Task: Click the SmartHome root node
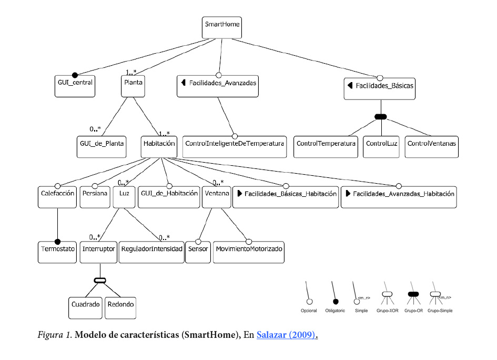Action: pyautogui.click(x=221, y=27)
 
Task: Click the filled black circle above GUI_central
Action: pyautogui.click(x=75, y=75)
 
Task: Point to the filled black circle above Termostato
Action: pyautogui.click(x=57, y=239)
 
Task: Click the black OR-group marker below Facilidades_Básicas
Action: pyautogui.click(x=380, y=116)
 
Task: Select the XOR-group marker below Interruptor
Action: pyautogui.click(x=99, y=280)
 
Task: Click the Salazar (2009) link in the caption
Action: pyautogui.click(x=287, y=335)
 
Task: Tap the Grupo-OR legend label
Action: pyautogui.click(x=413, y=311)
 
